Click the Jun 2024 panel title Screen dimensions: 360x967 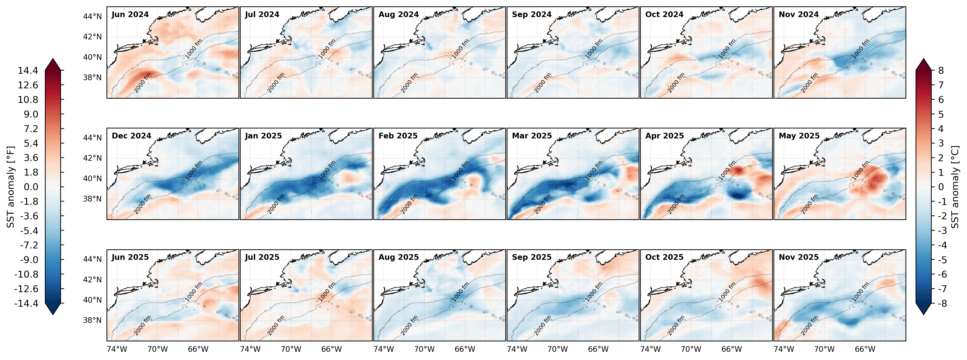point(130,15)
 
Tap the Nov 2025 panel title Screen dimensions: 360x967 point(799,257)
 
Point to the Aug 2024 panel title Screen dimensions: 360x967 point(398,15)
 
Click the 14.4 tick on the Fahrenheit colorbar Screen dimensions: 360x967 point(28,71)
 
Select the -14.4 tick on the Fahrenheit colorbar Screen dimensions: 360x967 point(26,303)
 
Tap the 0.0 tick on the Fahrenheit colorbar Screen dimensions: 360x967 point(28,187)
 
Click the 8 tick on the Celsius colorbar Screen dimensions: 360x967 point(941,71)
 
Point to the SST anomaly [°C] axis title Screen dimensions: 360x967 point(955,187)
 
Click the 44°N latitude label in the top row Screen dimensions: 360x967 point(92,17)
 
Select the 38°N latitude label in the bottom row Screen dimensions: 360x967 point(92,320)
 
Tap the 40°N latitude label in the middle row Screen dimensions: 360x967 point(92,179)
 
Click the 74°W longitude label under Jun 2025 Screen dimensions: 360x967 point(117,349)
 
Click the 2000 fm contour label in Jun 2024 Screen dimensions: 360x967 point(143,83)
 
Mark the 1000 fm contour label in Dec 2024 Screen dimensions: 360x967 point(194,170)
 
